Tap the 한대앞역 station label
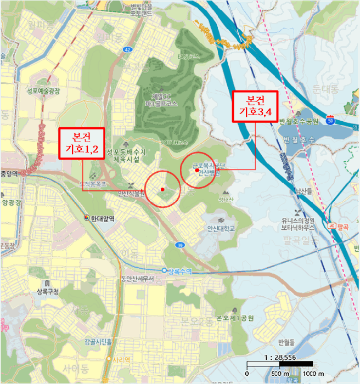103,218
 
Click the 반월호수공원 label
298,121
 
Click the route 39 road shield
181,246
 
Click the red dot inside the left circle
162,190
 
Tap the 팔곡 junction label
344,225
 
